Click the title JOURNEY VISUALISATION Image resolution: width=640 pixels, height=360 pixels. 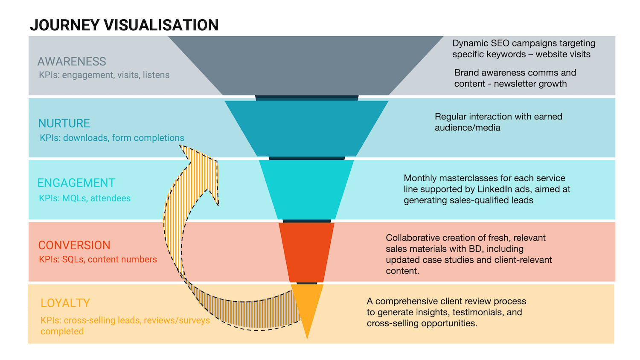click(x=124, y=25)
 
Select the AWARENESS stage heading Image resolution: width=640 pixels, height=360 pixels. click(x=72, y=61)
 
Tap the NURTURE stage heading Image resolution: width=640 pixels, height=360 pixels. click(x=64, y=123)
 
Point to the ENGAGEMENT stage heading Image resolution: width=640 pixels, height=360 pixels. click(x=76, y=183)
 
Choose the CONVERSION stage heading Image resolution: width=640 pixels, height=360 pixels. click(x=74, y=245)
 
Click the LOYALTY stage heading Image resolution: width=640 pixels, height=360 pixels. click(x=65, y=303)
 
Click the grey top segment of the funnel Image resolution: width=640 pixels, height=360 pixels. click(x=306, y=64)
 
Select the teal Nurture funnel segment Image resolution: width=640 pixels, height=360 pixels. click(x=306, y=128)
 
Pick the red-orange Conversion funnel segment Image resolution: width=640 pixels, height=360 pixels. click(x=306, y=252)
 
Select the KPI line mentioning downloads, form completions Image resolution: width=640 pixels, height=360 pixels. click(x=112, y=138)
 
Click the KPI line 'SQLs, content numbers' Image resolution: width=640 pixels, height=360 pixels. click(x=98, y=259)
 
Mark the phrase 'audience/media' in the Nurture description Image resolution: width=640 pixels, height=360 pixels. click(x=467, y=128)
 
